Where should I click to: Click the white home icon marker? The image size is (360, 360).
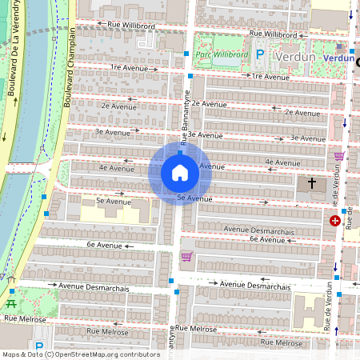click(180, 173)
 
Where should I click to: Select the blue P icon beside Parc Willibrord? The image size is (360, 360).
click(260, 54)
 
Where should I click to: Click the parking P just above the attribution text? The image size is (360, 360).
click(39, 331)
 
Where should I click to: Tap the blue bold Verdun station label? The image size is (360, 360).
click(338, 58)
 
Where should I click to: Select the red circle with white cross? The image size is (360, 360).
click(334, 220)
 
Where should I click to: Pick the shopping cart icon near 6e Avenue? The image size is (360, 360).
click(186, 257)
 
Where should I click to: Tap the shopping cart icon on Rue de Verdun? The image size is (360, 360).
click(339, 156)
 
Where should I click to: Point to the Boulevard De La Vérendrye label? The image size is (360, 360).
click(14, 72)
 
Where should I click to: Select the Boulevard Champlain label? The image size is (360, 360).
click(71, 67)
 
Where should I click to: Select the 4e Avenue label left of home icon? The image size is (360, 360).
click(116, 169)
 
